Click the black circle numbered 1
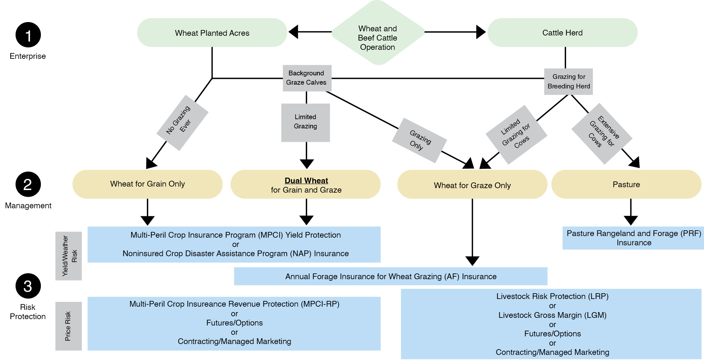(x=28, y=35)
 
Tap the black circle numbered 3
(x=28, y=286)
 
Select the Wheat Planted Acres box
(x=212, y=33)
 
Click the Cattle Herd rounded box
(x=562, y=33)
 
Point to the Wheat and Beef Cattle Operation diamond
(x=378, y=38)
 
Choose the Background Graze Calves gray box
(x=307, y=78)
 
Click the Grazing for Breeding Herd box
(x=568, y=81)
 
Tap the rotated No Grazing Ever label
(x=182, y=123)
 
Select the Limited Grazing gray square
(x=306, y=122)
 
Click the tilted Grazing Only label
(x=419, y=140)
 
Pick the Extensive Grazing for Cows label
(x=602, y=134)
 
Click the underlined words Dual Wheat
(x=306, y=180)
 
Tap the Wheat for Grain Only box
(x=148, y=184)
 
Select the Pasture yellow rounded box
(x=626, y=184)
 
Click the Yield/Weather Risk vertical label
(x=69, y=256)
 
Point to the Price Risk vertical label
(x=68, y=326)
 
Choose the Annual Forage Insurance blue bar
(x=390, y=276)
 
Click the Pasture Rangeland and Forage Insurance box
(x=633, y=238)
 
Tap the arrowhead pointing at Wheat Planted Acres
(x=293, y=32)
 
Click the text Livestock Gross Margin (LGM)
(x=552, y=315)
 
